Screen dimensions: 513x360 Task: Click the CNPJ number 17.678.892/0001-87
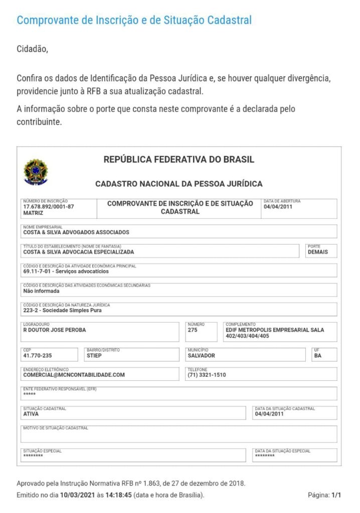pos(49,207)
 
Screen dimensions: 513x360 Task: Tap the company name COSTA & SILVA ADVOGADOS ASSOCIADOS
pos(76,232)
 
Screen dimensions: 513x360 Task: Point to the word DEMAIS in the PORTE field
pos(318,252)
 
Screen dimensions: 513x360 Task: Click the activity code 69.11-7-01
pos(38,272)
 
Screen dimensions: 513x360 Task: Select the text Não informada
pos(41,291)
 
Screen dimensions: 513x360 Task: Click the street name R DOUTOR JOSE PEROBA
pos(55,330)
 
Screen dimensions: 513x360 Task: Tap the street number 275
pos(193,330)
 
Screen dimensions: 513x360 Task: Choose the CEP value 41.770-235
pos(37,356)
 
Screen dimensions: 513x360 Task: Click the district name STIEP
pos(94,356)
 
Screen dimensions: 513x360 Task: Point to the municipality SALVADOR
pos(201,356)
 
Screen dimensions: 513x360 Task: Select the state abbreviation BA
pos(318,356)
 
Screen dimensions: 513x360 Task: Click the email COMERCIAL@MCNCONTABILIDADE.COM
pos(74,375)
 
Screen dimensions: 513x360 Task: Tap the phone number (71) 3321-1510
pos(206,375)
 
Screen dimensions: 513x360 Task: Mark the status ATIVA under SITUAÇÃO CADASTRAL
pos(31,414)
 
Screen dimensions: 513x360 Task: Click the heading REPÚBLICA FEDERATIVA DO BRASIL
pos(179,160)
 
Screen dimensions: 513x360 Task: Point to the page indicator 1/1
pos(336,495)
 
